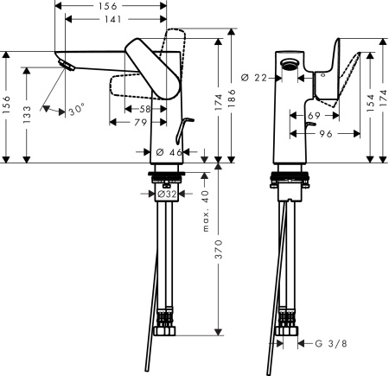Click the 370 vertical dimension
[220, 251]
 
